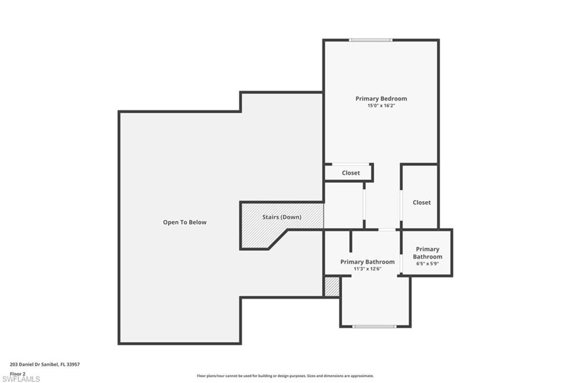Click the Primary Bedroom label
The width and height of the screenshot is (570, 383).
coord(381,98)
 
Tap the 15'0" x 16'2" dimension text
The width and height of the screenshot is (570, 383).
coord(381,106)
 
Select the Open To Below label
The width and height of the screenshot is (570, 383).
coord(185,222)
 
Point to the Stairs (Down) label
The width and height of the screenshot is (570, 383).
coord(282,217)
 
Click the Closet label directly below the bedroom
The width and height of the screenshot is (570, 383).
coord(351,173)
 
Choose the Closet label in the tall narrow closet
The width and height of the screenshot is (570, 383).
coord(422,203)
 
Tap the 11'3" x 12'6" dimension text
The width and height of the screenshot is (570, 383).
coord(368,269)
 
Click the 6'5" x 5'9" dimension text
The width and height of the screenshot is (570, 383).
coord(427,264)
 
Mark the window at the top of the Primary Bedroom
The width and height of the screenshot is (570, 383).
coord(370,40)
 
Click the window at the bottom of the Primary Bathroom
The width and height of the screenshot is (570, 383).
coord(374,326)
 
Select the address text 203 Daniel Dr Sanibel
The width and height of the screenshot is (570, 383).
coord(34,364)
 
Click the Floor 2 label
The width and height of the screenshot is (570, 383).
coord(18,374)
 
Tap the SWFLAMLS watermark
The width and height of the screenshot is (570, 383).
coord(21,379)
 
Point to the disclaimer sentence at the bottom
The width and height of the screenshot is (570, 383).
coord(285,376)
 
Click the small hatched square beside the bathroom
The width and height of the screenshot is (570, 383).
coord(332,287)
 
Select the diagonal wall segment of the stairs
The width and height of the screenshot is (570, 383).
coord(278,239)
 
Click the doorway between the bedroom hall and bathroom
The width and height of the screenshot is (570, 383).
coord(387,230)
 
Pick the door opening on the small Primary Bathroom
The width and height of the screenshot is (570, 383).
coord(401,264)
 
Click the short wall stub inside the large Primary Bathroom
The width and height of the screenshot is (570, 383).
coord(351,241)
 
